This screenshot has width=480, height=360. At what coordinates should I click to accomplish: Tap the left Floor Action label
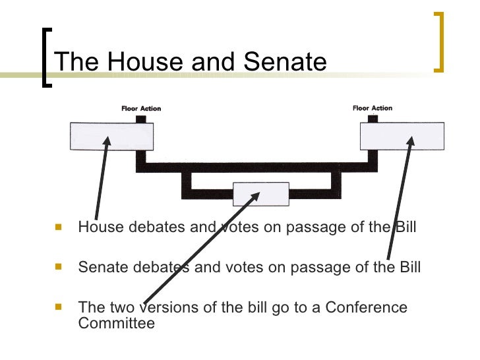[x=140, y=109]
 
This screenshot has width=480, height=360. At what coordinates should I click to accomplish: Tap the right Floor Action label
[x=372, y=108]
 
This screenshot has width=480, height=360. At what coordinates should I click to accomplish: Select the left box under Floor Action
[x=112, y=136]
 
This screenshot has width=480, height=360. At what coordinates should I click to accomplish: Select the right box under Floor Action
[x=402, y=136]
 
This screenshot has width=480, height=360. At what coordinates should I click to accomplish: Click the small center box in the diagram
[x=260, y=194]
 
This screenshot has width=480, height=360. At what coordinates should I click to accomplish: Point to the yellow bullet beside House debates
[x=59, y=227]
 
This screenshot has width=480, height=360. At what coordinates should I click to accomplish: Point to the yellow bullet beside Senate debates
[x=59, y=267]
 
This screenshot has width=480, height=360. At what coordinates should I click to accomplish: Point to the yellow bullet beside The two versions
[x=59, y=307]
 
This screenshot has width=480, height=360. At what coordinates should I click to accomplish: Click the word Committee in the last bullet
[x=116, y=323]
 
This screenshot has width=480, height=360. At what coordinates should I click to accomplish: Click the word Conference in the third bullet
[x=366, y=307]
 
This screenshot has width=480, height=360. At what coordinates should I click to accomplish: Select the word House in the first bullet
[x=97, y=228]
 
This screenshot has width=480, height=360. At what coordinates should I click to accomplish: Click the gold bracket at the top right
[x=438, y=42]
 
